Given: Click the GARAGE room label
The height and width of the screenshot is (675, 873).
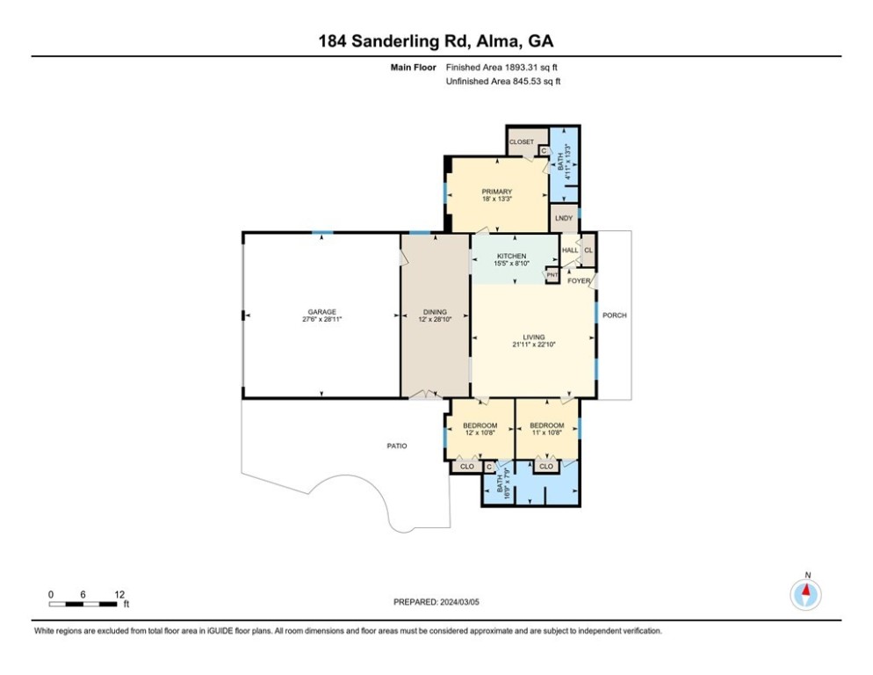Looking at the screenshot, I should click(321, 312).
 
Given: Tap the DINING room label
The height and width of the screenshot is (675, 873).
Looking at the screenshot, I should click(435, 312).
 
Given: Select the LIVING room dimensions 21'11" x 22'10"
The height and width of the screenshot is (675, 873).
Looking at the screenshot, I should click(533, 345).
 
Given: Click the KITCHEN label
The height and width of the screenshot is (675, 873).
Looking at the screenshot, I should click(511, 256).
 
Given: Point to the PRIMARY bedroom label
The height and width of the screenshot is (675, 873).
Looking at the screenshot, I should click(496, 192).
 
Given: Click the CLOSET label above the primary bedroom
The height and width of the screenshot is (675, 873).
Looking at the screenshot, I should click(522, 142).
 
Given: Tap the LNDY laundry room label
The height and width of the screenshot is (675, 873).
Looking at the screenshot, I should click(563, 218).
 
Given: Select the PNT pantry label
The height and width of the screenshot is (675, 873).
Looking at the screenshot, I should click(552, 275).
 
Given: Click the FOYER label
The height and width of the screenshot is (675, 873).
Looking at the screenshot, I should click(579, 280).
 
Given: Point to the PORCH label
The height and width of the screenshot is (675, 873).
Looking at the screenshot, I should click(615, 315).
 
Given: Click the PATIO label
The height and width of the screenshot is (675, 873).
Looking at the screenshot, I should click(397, 446).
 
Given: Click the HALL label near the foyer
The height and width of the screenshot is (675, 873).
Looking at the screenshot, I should click(569, 250).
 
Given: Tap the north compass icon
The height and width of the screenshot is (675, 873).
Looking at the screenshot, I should click(805, 594).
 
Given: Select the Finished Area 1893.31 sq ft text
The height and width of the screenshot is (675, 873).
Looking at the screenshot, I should click(503, 68).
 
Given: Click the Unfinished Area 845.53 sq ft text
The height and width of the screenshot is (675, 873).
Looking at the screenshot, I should click(503, 81).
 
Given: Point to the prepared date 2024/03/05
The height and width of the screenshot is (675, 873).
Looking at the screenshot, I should click(436, 602).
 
